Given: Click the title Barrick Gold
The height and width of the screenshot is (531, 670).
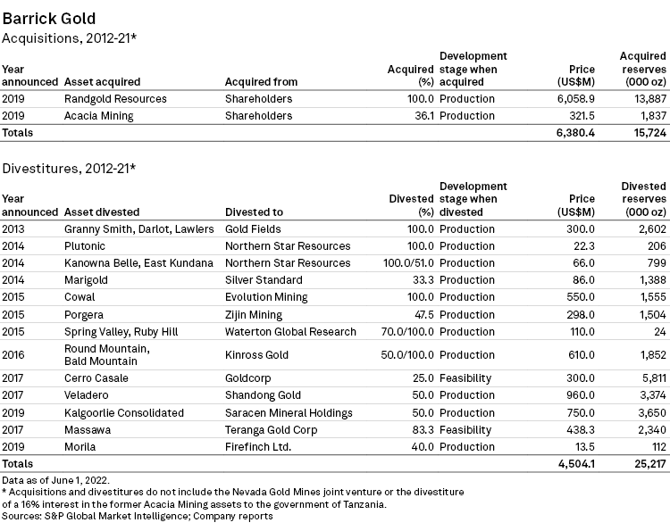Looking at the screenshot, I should point(48,18).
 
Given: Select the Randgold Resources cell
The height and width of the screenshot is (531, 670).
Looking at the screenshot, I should point(115,98).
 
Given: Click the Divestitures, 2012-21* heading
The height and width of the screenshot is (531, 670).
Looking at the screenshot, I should point(70,167).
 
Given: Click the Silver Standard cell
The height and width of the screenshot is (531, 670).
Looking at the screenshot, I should point(264,279).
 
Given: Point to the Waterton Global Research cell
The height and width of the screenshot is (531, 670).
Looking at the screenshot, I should point(290,331).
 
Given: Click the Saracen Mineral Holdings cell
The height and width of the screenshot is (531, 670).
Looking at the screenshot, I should point(289,412).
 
